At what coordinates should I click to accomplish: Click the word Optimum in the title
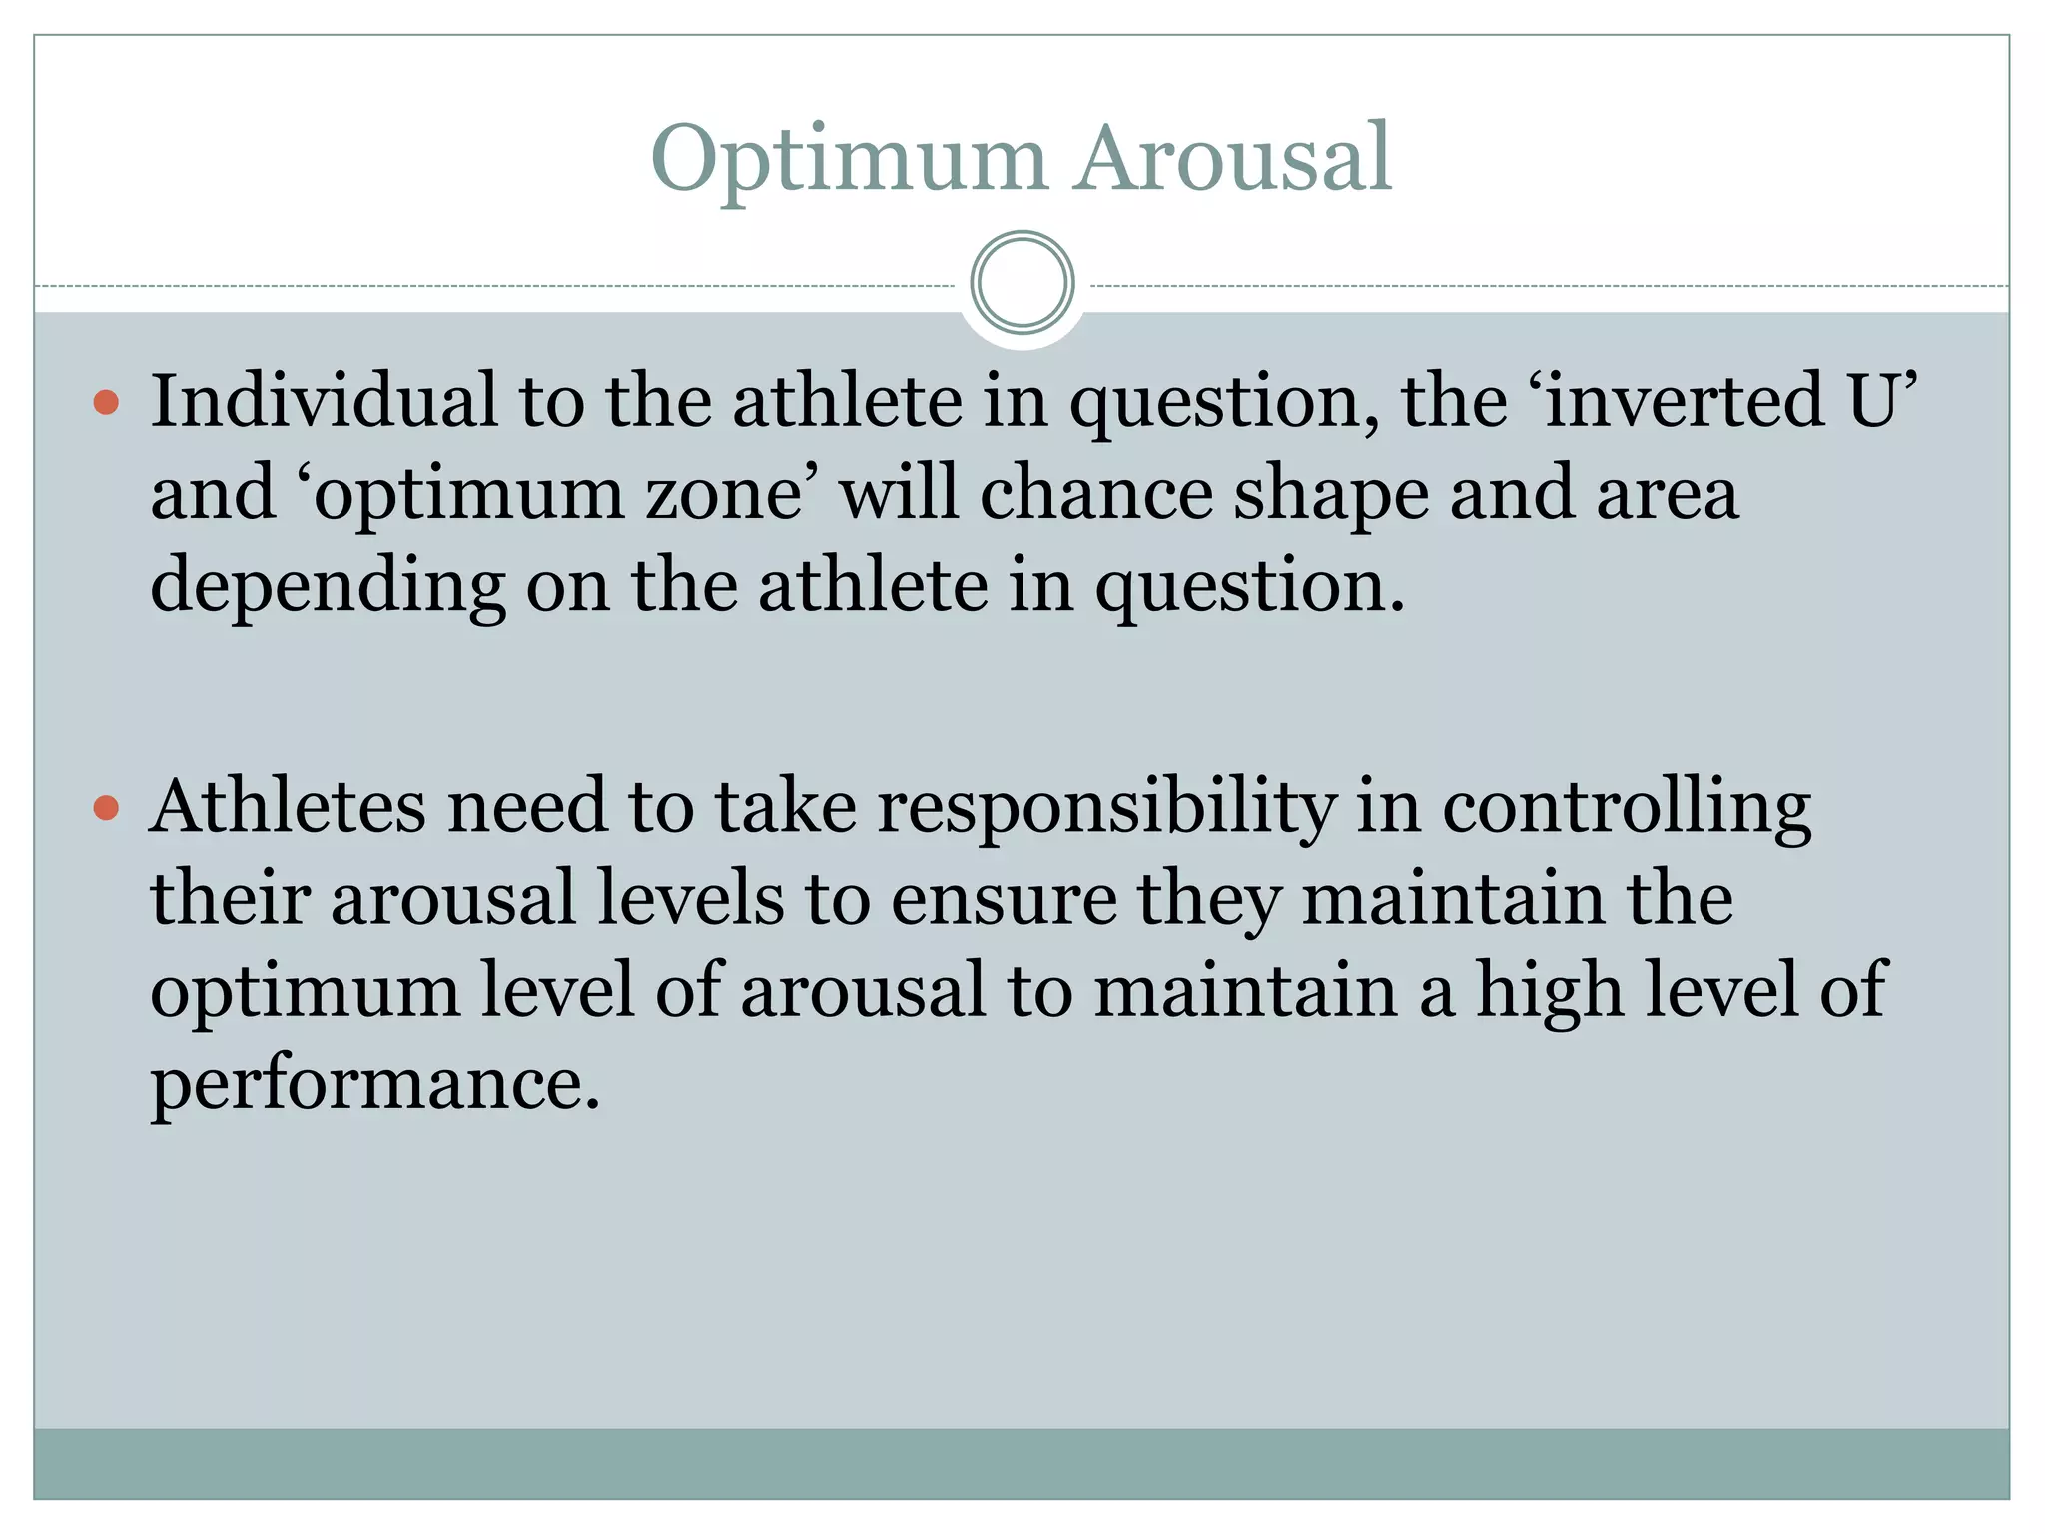click(848, 160)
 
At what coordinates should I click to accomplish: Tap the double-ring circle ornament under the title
click(1022, 283)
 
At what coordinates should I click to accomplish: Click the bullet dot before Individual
click(106, 403)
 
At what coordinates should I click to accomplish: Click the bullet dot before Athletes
click(106, 808)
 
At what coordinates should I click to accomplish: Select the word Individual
click(323, 400)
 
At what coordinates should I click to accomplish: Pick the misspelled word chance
click(1095, 493)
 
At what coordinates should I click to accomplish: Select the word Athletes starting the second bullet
click(288, 806)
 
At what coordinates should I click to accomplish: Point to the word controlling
click(1626, 808)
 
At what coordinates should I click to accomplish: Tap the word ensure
click(1003, 900)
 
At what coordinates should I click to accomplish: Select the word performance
click(375, 1084)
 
